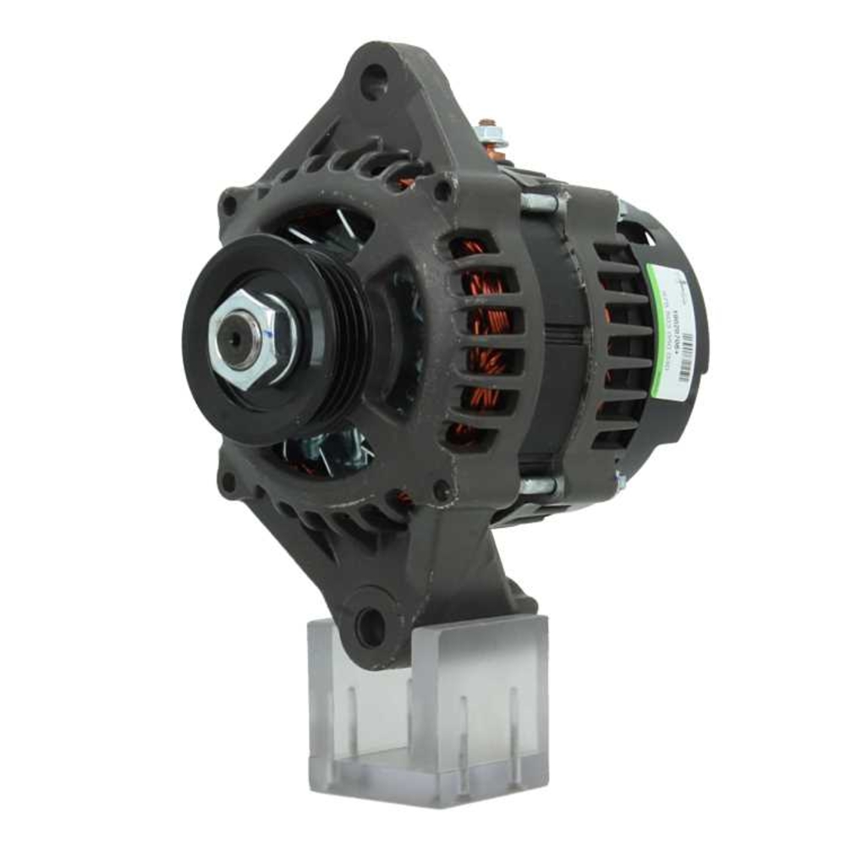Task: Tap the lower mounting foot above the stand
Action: coord(423,584)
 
